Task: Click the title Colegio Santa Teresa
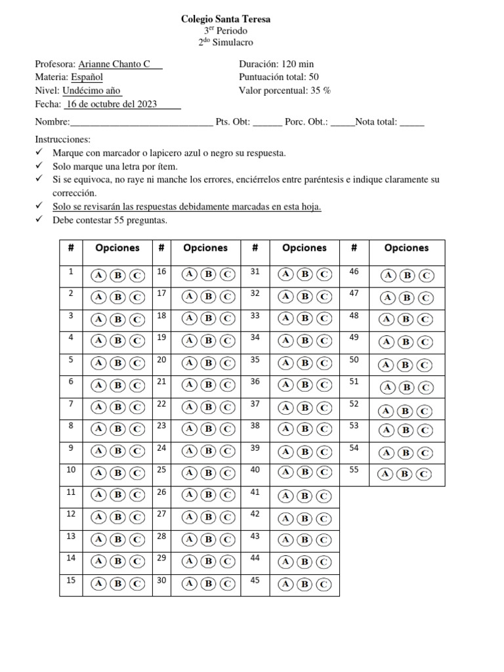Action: [225, 20]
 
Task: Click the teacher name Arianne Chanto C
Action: [114, 64]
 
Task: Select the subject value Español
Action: [87, 77]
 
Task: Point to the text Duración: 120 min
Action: [276, 64]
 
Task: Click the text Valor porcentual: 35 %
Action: [284, 91]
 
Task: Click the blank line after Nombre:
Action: [141, 122]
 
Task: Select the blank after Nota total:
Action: [411, 122]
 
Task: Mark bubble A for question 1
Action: [98, 275]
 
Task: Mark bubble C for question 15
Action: [136, 583]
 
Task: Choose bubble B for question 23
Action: [208, 429]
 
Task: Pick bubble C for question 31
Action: [324, 275]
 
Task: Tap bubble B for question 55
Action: [406, 474]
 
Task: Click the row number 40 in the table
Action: [255, 470]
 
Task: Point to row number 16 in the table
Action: [161, 272]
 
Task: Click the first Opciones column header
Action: [117, 248]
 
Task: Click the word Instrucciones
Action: [62, 140]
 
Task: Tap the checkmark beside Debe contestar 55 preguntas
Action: [39, 220]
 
